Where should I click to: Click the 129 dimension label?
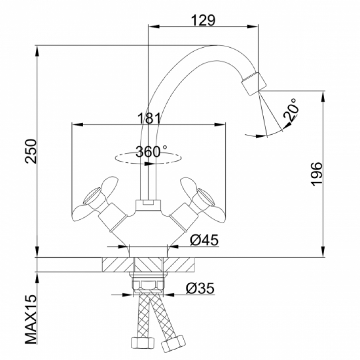[203, 20]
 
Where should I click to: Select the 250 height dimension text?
[31, 151]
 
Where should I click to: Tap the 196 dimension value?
[317, 174]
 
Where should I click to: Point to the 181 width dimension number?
[149, 118]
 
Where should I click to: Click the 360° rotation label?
[151, 151]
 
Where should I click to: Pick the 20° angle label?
[291, 110]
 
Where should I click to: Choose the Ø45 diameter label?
[204, 240]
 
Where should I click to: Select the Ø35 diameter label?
[200, 288]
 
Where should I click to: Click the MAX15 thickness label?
[31, 319]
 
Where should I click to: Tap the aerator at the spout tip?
[253, 83]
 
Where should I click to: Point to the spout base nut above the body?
[148, 206]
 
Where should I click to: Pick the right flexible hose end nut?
[173, 343]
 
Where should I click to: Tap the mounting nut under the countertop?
[148, 285]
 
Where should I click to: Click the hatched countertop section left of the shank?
[118, 265]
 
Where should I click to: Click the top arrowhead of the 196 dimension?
[323, 97]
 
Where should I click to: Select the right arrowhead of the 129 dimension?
[253, 27]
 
